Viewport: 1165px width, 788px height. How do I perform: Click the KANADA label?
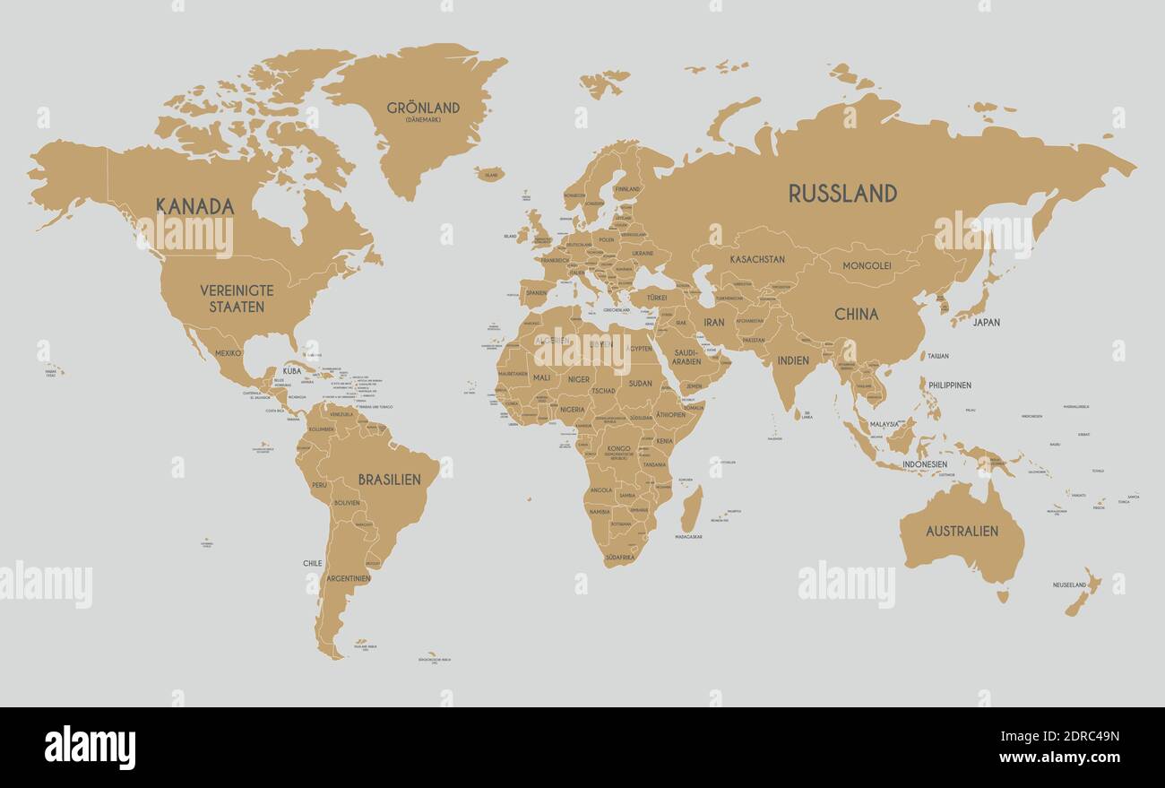(x=195, y=206)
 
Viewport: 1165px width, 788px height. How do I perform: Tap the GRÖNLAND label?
(x=423, y=108)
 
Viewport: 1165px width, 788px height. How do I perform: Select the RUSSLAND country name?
(x=842, y=193)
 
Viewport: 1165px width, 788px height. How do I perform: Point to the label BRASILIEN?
(x=389, y=480)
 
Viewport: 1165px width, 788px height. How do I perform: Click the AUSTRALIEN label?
(x=962, y=531)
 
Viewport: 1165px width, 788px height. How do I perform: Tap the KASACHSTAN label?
(x=757, y=259)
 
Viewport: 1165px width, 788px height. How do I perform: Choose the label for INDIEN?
(x=793, y=360)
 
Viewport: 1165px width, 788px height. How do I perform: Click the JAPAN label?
(x=986, y=322)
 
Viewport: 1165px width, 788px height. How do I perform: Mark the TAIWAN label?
(x=937, y=356)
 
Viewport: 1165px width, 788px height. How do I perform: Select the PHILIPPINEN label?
(x=950, y=385)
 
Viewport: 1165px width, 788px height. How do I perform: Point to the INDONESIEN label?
(x=925, y=464)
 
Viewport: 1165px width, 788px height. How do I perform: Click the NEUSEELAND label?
(x=1069, y=585)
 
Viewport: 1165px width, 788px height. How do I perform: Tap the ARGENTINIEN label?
(x=349, y=578)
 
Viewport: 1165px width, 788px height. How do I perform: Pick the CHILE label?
(x=312, y=563)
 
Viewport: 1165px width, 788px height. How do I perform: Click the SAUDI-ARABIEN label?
(x=686, y=357)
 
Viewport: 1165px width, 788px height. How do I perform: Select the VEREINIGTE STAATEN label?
(x=237, y=299)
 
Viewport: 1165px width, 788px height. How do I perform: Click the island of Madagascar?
(x=691, y=508)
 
